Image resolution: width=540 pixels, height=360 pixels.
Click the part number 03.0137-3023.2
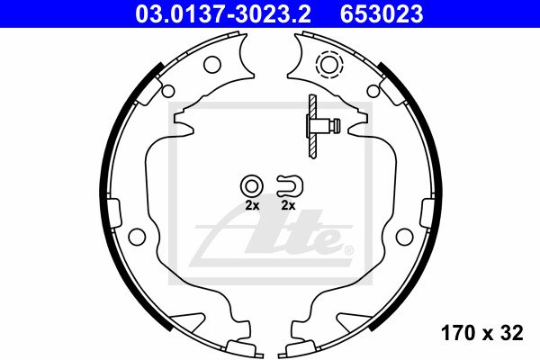(223, 13)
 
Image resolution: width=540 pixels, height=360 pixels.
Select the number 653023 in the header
(382, 13)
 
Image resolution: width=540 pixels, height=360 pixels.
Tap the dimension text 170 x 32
(481, 333)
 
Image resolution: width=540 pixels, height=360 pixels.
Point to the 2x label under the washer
(252, 206)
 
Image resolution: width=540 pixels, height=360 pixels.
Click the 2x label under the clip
(288, 206)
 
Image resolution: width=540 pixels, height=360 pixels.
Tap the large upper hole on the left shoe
(211, 65)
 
